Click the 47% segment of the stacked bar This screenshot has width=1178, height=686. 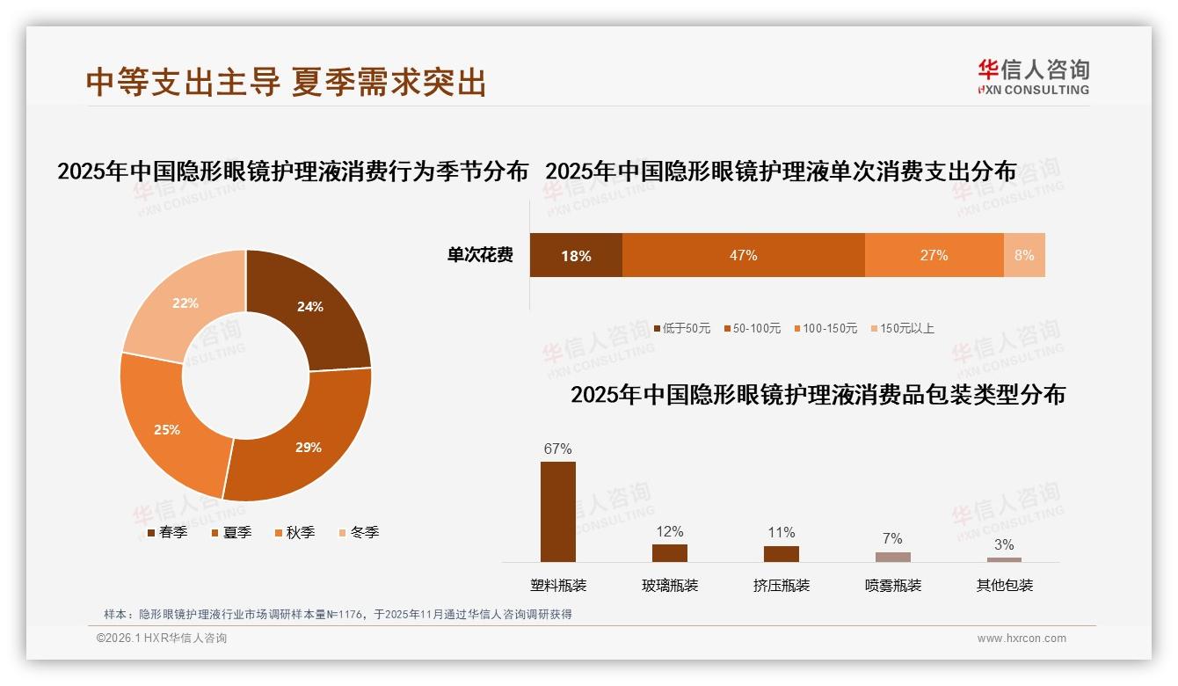(x=743, y=255)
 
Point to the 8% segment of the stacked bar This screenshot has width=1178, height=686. (x=1024, y=255)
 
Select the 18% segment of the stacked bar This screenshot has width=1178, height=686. (x=576, y=255)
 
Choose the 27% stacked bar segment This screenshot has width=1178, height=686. (x=934, y=255)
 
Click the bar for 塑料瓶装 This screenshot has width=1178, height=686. (x=558, y=511)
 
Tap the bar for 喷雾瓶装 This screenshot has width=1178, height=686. (x=893, y=557)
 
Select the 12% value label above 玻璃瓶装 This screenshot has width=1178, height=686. (x=670, y=531)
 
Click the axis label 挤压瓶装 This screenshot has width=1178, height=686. (x=782, y=585)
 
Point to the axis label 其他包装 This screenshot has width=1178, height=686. (x=1005, y=585)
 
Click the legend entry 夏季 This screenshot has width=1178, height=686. (x=232, y=532)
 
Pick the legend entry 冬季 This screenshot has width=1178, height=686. (x=360, y=532)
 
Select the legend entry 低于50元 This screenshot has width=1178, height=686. (x=682, y=328)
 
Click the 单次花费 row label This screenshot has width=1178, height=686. (x=480, y=255)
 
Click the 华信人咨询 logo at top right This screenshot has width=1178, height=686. (x=1033, y=77)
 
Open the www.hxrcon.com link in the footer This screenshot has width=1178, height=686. (x=1022, y=639)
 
